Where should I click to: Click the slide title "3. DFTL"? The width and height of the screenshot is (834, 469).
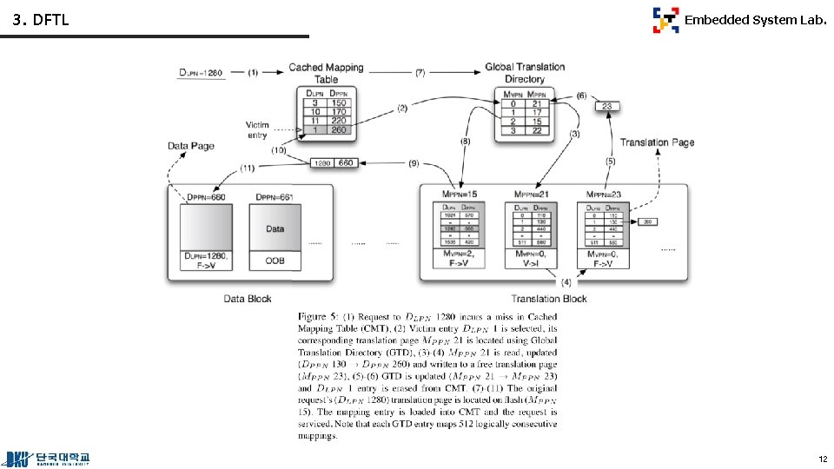point(40,20)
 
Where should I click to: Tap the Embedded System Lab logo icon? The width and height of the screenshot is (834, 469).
point(665,20)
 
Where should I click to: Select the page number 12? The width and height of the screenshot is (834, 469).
point(821,458)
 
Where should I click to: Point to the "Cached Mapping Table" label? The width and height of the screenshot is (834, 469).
point(326,73)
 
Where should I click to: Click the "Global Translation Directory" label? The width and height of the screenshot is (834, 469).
point(525,73)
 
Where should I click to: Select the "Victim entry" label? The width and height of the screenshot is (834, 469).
point(257,130)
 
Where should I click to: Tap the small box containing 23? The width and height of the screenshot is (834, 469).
point(607,107)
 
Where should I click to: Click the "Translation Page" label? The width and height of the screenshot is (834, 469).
point(657,142)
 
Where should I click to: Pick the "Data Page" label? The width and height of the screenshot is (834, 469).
point(190,146)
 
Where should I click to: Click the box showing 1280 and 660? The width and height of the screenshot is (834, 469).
point(334,162)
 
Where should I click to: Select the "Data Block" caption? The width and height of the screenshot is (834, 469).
point(248,299)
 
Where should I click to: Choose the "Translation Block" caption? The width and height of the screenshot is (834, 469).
point(548,299)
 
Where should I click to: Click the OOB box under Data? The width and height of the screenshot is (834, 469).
point(275,260)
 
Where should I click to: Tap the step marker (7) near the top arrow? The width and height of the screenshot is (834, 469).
point(420,72)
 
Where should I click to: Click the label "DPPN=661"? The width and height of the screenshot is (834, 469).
point(275,197)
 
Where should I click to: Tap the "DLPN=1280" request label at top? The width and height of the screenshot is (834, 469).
point(202,73)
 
